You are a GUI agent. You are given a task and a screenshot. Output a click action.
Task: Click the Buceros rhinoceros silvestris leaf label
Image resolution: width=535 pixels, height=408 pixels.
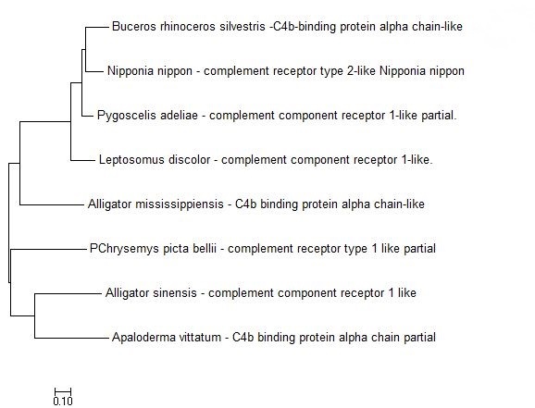[x=287, y=27]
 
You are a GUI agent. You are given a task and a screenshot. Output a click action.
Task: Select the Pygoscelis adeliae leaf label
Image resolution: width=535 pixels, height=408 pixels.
[x=277, y=116]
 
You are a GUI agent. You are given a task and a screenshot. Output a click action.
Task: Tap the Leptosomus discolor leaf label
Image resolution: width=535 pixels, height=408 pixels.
[x=266, y=160]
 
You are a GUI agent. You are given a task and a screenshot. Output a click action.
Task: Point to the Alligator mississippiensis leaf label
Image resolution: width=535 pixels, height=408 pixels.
[x=255, y=204]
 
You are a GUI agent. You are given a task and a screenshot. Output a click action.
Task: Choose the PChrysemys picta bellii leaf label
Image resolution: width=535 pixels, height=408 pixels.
[x=262, y=248]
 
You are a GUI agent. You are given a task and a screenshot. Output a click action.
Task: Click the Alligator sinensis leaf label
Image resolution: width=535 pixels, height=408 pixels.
[x=261, y=292]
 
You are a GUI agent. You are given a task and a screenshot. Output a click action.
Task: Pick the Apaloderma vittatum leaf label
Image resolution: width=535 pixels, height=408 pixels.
[x=274, y=338]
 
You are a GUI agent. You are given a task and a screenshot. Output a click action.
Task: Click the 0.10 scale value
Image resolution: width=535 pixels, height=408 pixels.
[x=63, y=401]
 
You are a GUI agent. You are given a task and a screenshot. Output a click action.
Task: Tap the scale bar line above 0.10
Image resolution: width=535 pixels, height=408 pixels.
[x=63, y=391]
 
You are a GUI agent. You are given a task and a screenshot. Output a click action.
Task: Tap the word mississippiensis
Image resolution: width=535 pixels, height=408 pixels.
[x=180, y=204]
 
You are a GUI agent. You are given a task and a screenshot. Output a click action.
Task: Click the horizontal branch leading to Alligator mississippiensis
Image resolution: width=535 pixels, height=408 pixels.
[x=52, y=204]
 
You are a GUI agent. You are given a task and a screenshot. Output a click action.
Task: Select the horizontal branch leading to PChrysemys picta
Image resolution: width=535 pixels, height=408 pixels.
[x=48, y=250]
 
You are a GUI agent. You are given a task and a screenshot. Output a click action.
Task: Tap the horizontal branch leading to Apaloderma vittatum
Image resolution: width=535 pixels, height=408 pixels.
[x=71, y=338]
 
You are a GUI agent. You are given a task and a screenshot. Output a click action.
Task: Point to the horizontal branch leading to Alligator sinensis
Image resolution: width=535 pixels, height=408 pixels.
[x=68, y=293]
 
